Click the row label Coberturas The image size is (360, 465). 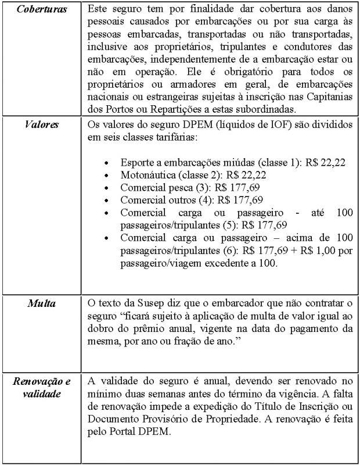pyautogui.click(x=41, y=10)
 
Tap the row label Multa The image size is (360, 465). pyautogui.click(x=41, y=303)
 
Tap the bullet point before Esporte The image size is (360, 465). pyautogui.click(x=105, y=162)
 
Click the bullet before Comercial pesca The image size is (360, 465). pyautogui.click(x=105, y=188)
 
